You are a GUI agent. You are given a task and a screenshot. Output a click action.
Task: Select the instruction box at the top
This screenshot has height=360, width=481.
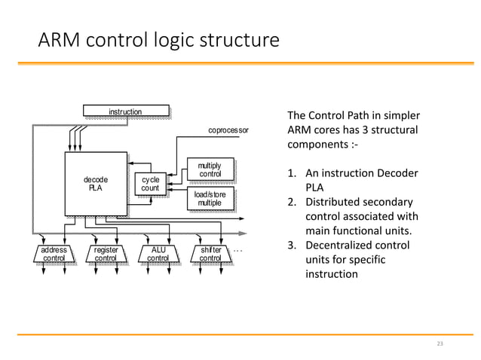tap(124, 112)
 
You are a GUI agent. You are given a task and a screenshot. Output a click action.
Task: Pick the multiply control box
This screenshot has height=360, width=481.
tap(210, 169)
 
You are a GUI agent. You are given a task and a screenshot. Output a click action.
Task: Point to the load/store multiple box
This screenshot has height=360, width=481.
tap(210, 199)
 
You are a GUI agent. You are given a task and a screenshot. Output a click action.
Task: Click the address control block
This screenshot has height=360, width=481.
tap(54, 254)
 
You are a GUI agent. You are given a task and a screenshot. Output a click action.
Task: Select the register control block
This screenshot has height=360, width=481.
tap(105, 254)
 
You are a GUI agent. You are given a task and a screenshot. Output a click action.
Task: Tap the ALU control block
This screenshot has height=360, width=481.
tap(158, 254)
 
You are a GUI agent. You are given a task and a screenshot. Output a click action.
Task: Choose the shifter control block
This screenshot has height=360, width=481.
tap(210, 254)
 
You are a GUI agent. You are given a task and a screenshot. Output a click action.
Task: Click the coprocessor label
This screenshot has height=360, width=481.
tap(227, 130)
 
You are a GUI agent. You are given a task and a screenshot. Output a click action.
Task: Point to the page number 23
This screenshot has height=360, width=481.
tap(441, 343)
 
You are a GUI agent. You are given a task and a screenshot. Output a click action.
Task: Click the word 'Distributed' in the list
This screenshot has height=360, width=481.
tap(339, 203)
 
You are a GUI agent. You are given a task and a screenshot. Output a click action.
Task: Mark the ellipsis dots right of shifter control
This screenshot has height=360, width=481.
tap(238, 250)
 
